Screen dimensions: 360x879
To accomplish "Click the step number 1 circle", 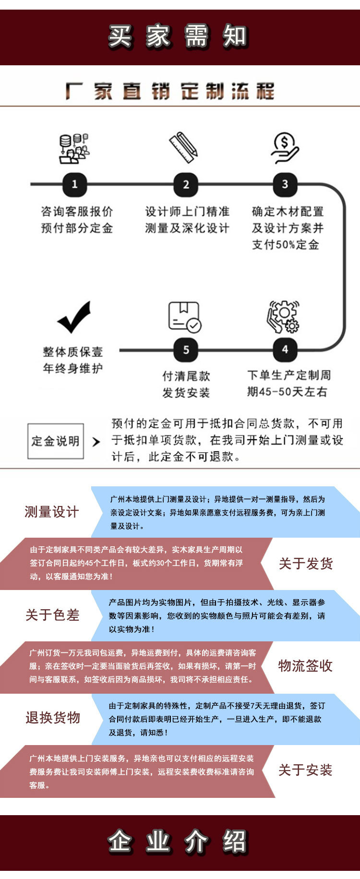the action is pyautogui.click(x=74, y=184).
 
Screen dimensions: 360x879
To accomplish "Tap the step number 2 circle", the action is pyautogui.click(x=186, y=184).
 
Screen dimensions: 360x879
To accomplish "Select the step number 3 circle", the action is pyautogui.click(x=285, y=184).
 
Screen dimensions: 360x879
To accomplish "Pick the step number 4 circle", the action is pyautogui.click(x=285, y=349).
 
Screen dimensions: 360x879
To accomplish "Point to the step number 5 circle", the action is pyautogui.click(x=186, y=349).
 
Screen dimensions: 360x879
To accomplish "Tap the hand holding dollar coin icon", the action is pyautogui.click(x=285, y=148).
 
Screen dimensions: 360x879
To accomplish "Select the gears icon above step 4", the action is pyautogui.click(x=283, y=317).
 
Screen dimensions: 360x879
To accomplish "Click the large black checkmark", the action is pyautogui.click(x=74, y=317).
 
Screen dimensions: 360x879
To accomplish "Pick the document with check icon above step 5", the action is pyautogui.click(x=185, y=317).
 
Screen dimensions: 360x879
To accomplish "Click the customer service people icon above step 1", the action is pyautogui.click(x=74, y=148).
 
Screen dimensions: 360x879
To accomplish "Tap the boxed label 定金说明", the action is pyautogui.click(x=56, y=441).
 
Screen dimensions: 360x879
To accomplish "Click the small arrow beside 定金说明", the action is pyautogui.click(x=96, y=441).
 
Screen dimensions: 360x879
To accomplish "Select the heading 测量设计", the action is pyautogui.click(x=51, y=512).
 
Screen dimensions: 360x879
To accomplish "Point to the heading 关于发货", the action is pyautogui.click(x=306, y=564).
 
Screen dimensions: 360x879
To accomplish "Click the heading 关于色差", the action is pyautogui.click(x=52, y=615).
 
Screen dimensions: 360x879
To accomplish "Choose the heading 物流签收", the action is pyautogui.click(x=305, y=666).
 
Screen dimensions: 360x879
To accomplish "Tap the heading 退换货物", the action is pyautogui.click(x=53, y=718).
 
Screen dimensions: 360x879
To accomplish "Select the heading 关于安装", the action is pyautogui.click(x=305, y=771).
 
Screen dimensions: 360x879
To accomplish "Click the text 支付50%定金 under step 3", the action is pyautogui.click(x=286, y=244).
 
